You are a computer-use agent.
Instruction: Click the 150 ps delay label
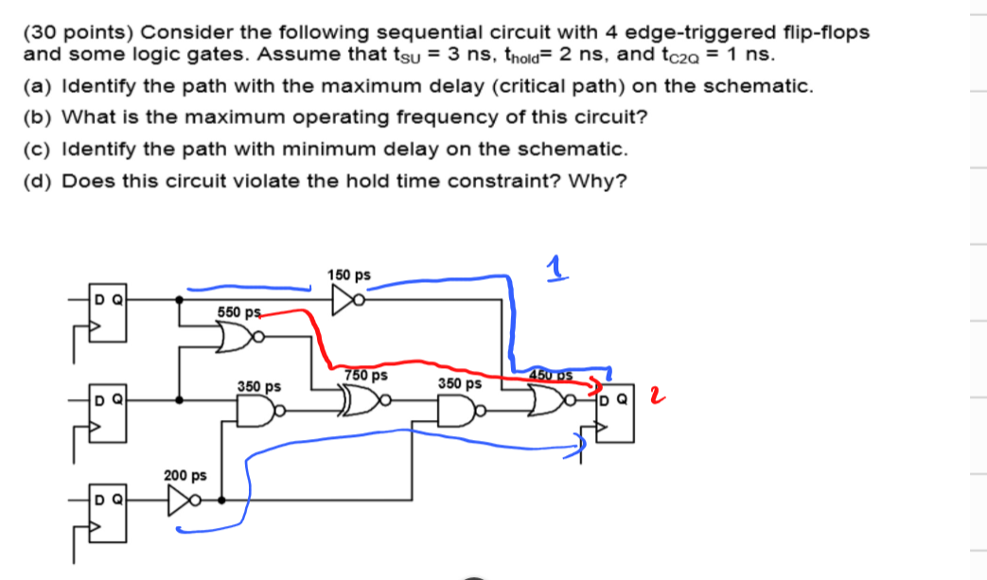(x=348, y=275)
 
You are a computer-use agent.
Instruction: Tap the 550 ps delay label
(x=238, y=312)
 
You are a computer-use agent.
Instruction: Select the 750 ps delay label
(x=367, y=375)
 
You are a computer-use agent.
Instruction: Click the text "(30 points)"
(x=80, y=32)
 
